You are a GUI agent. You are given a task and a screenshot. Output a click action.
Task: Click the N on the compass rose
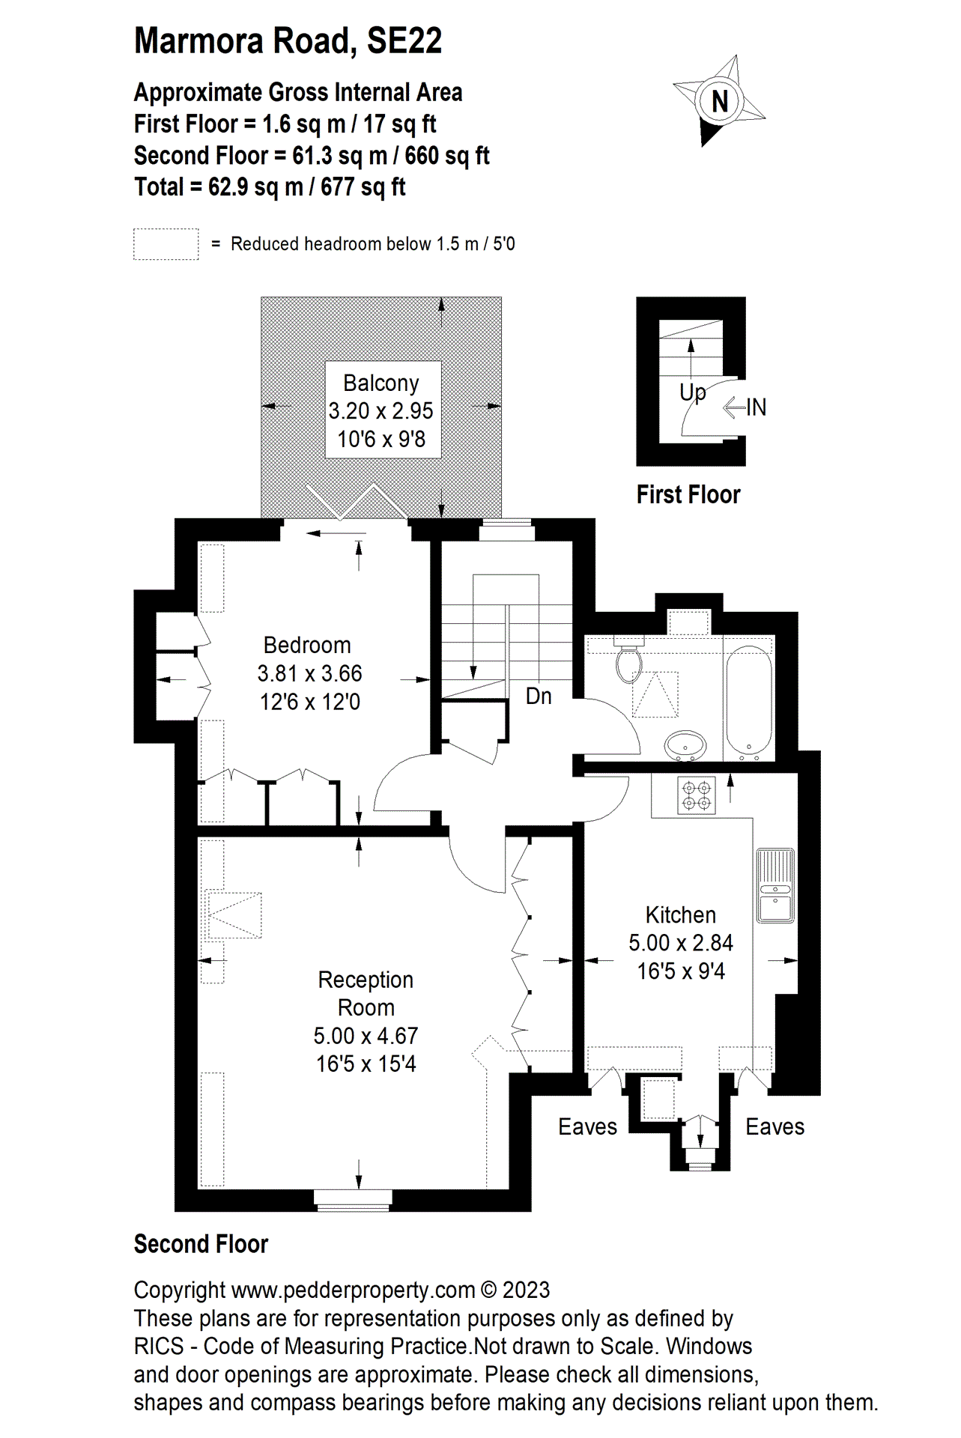[x=720, y=101]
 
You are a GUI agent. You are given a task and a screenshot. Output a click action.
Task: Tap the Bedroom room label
[x=307, y=645]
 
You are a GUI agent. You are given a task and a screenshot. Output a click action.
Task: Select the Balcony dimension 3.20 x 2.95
[x=381, y=411]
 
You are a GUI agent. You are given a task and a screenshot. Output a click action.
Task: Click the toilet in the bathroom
[x=628, y=659]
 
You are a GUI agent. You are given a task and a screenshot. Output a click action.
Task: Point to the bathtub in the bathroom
[x=749, y=698]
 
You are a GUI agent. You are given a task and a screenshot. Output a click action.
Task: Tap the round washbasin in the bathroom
[x=685, y=746]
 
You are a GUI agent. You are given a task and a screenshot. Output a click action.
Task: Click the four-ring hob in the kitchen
[x=697, y=795]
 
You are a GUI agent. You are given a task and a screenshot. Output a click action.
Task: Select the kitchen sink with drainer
[x=775, y=885]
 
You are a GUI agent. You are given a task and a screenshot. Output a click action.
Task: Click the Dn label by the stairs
[x=539, y=697]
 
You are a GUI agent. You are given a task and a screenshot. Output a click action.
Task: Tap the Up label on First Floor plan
[x=693, y=392]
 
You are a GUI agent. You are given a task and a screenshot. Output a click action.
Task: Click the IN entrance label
[x=757, y=407]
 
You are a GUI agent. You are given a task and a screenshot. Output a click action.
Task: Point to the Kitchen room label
[x=681, y=914]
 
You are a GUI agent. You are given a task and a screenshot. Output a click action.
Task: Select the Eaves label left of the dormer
[x=588, y=1126]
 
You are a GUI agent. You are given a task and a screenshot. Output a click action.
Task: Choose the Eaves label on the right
[x=775, y=1126]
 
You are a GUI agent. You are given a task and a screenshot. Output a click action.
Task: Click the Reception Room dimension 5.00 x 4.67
[x=366, y=1036]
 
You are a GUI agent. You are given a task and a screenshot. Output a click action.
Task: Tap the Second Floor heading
[x=201, y=1244]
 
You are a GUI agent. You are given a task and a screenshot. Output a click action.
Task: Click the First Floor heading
[x=688, y=494]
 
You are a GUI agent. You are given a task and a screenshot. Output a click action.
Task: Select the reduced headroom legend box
[x=166, y=244]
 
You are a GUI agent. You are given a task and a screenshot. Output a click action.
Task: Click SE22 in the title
[x=404, y=40]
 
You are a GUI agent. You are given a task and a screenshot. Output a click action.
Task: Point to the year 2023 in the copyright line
[x=526, y=1290]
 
